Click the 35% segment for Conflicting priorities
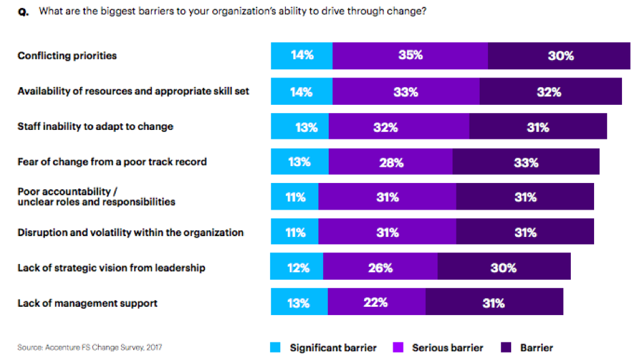tap(410, 56)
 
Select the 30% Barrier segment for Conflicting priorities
tap(559, 56)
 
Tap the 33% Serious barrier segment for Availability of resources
tap(406, 92)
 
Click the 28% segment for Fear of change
tap(391, 162)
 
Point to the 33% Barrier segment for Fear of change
tap(526, 162)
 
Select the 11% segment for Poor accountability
tap(295, 197)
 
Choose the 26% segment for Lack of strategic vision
tap(380, 267)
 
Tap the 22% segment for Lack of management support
tap(376, 302)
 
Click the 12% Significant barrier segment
tap(297, 267)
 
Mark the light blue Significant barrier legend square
tap(275, 347)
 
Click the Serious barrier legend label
tap(447, 348)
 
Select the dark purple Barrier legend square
tap(506, 347)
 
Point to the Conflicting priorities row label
tap(67, 56)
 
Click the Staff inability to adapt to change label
tap(95, 127)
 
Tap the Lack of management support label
tap(87, 303)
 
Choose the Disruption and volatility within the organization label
tap(130, 233)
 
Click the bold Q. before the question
tap(23, 12)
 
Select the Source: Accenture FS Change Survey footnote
tap(89, 348)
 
